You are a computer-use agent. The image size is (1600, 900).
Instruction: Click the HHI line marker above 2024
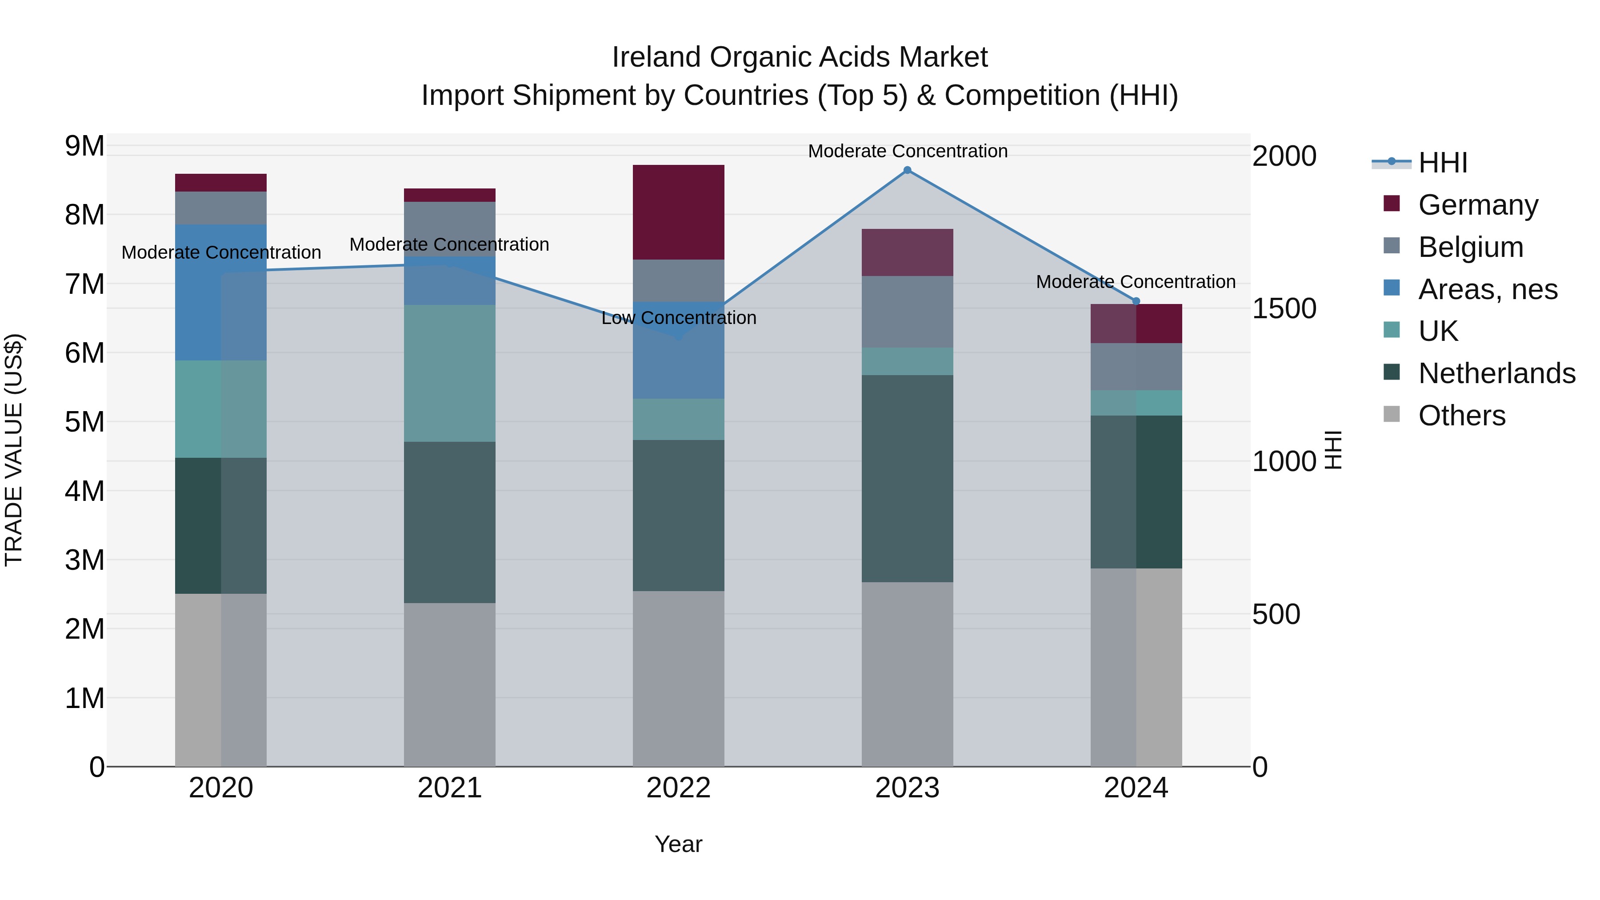pos(1136,301)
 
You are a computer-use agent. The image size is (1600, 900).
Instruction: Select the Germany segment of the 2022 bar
pos(678,212)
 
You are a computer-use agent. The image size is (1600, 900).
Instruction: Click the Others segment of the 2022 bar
pos(678,678)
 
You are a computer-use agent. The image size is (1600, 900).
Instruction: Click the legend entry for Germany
pos(1478,205)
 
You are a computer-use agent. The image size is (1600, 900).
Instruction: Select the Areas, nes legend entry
pos(1488,289)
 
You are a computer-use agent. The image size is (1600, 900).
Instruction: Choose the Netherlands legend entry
pos(1496,373)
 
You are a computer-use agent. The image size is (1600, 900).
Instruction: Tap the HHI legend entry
pos(1442,163)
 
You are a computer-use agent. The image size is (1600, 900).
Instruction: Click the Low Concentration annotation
pos(678,318)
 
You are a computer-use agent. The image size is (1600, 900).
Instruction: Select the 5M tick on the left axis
pos(84,422)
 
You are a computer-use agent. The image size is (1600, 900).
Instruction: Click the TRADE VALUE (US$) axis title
pos(14,450)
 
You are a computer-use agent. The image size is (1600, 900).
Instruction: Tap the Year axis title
pos(678,844)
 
